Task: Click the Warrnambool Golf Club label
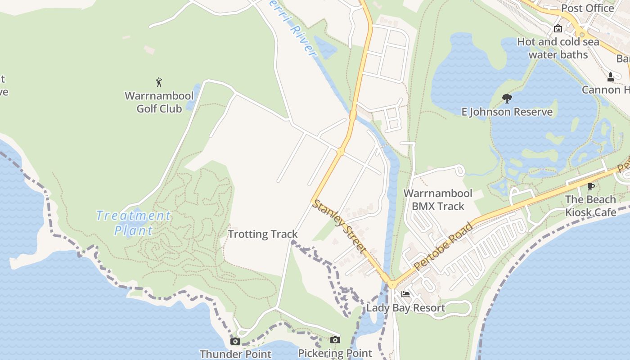(x=159, y=102)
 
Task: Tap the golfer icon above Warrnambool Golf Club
(x=159, y=82)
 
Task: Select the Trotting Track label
(x=263, y=234)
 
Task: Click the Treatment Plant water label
(x=134, y=223)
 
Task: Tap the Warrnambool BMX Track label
(x=438, y=200)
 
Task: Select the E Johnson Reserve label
(x=507, y=112)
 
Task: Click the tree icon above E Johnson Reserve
(x=507, y=98)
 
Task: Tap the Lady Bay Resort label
(x=405, y=308)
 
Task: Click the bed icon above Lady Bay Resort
(x=405, y=295)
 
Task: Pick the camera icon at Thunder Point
(x=235, y=341)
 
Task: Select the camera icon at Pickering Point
(x=335, y=340)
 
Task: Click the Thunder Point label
(x=235, y=354)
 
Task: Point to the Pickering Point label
(x=335, y=353)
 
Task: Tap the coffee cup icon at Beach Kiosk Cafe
(x=591, y=186)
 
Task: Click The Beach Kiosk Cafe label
(x=591, y=206)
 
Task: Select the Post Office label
(x=587, y=8)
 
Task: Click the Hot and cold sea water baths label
(x=558, y=48)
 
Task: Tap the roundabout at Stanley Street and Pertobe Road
(x=392, y=284)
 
